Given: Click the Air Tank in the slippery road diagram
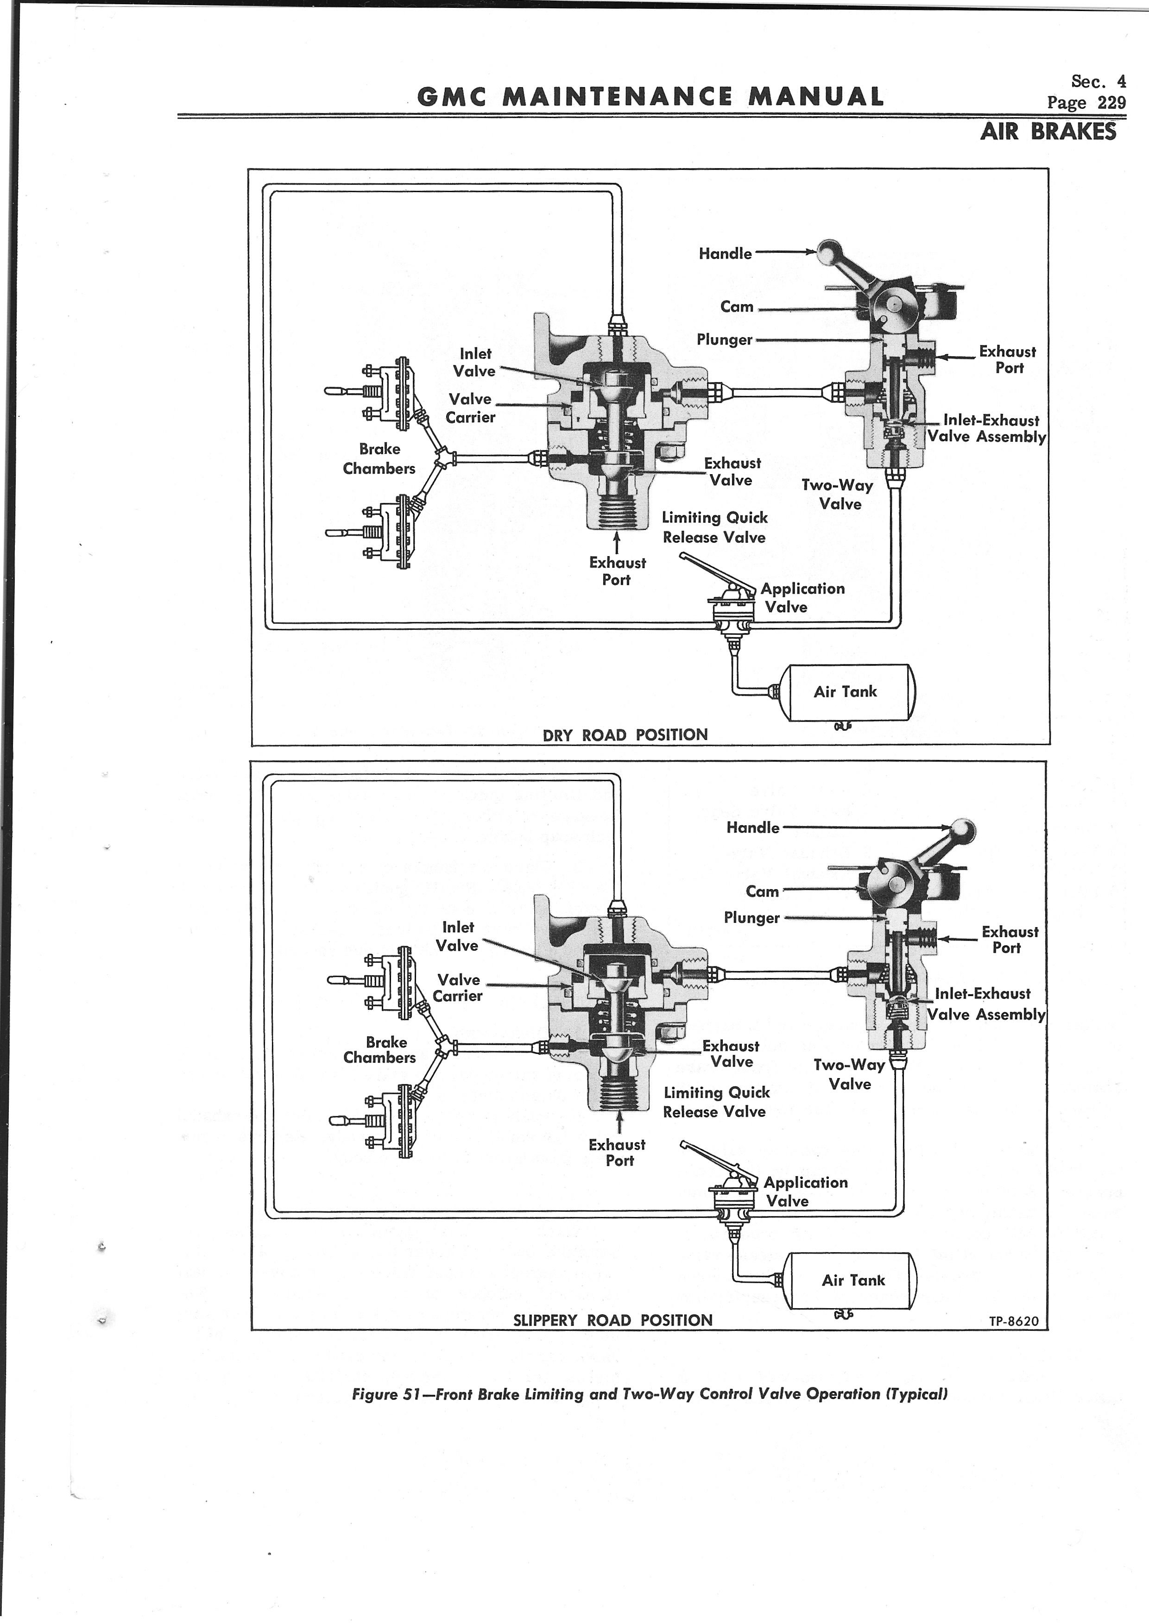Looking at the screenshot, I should (x=852, y=1280).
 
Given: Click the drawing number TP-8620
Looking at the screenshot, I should (x=1014, y=1321).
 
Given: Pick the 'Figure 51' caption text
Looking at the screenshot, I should (x=650, y=1394).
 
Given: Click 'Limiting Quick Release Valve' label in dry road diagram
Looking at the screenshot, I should (x=714, y=527).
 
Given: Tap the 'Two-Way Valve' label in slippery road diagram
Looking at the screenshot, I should (x=849, y=1074).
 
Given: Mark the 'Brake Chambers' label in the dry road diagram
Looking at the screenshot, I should (x=379, y=458).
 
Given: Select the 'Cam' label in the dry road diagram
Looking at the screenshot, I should (x=737, y=306).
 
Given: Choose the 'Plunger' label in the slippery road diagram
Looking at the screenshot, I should (x=751, y=917).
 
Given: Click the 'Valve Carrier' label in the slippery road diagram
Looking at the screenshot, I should (x=458, y=987).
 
